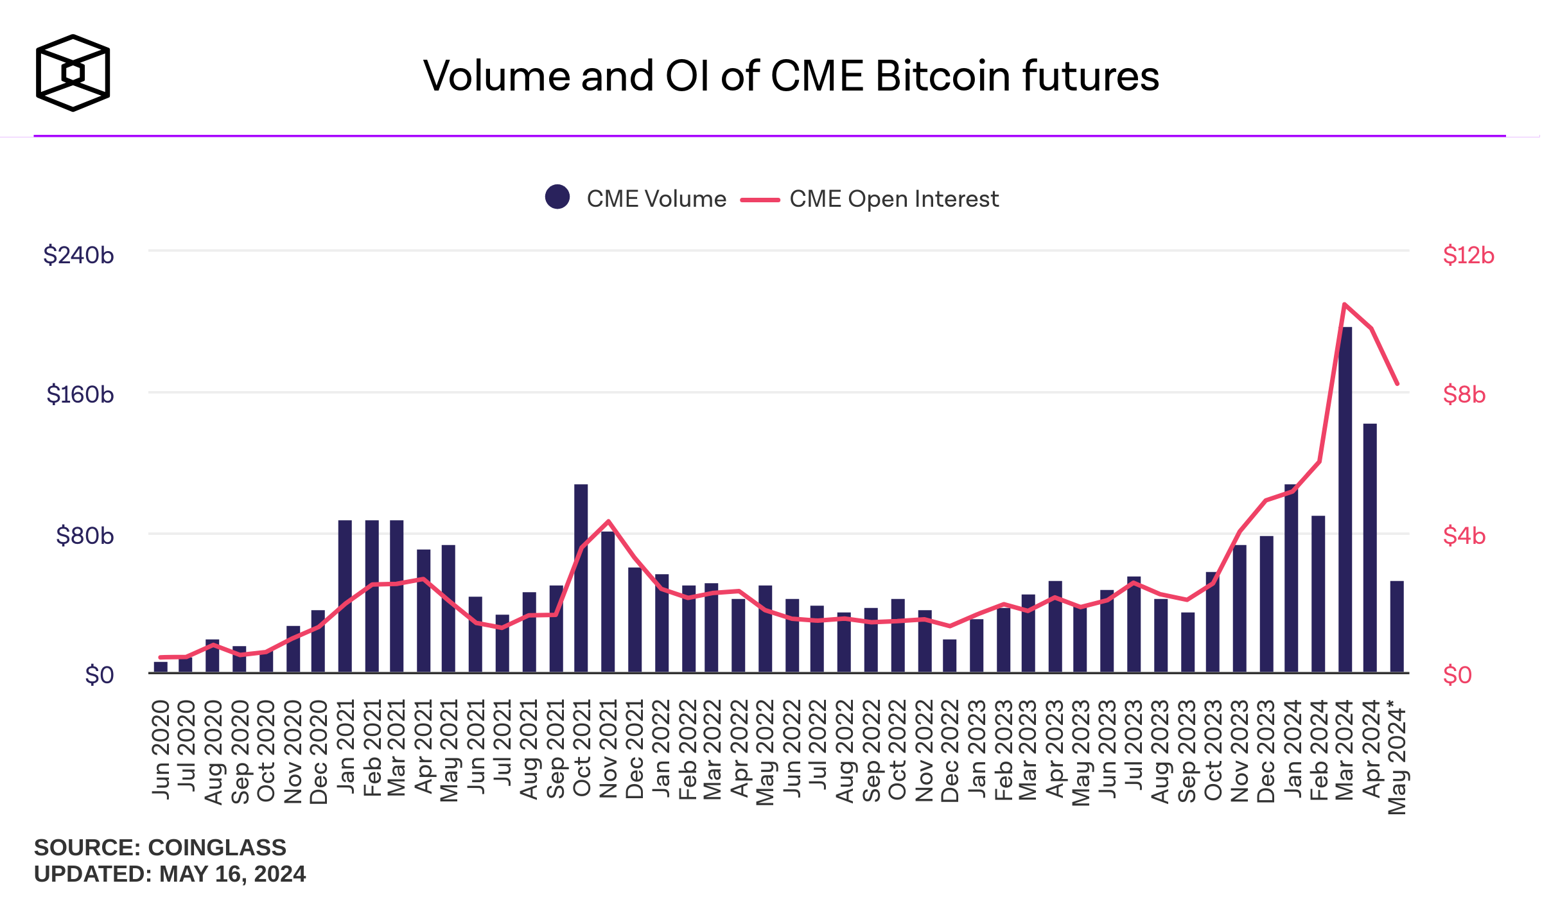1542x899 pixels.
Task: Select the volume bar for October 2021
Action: click(x=581, y=578)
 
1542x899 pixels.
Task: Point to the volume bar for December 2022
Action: click(x=949, y=656)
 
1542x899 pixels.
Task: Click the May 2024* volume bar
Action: click(x=1397, y=626)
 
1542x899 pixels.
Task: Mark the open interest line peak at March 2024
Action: click(x=1344, y=304)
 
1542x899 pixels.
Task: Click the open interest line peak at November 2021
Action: click(x=608, y=521)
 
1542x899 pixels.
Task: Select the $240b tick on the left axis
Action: click(x=78, y=255)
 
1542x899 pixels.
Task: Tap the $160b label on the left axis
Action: click(x=80, y=394)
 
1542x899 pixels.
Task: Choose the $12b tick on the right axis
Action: click(x=1468, y=255)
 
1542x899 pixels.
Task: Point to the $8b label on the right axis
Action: click(x=1464, y=394)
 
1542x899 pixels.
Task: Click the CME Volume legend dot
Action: click(x=557, y=196)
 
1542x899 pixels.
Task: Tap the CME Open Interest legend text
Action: click(x=893, y=199)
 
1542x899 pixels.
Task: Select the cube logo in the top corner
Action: click(x=73, y=73)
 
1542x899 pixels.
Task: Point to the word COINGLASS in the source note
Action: click(x=217, y=848)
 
